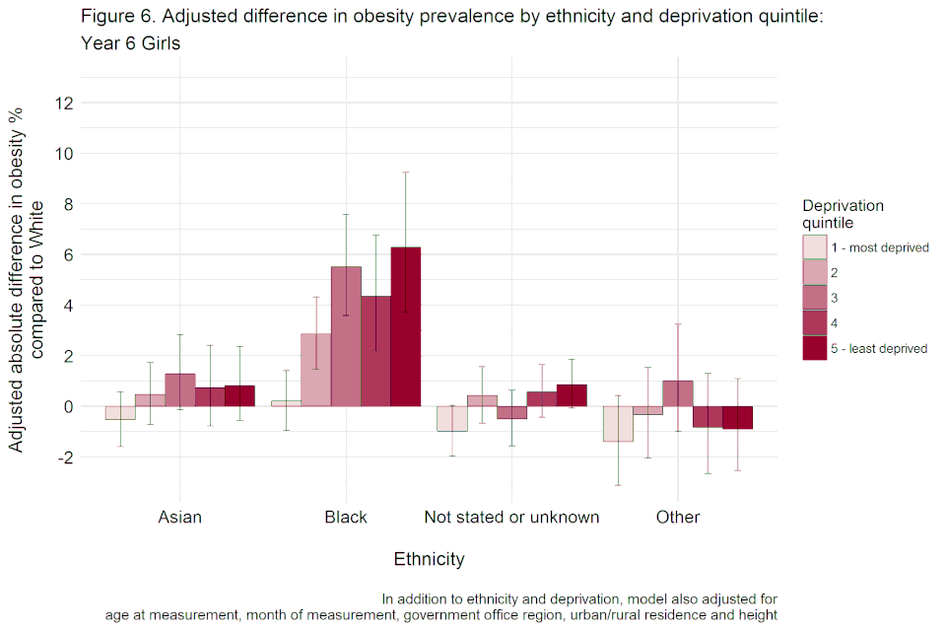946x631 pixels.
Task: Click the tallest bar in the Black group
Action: (406, 326)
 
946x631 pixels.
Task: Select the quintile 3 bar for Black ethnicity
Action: (346, 336)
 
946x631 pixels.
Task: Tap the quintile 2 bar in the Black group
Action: (316, 370)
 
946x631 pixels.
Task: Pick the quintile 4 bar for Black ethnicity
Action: (375, 351)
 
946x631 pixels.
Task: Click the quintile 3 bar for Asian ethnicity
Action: (179, 389)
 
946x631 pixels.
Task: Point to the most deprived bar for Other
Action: (618, 424)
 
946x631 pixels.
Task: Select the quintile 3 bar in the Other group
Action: (678, 393)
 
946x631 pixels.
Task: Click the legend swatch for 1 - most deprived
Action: (815, 247)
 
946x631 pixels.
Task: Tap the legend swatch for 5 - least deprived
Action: (815, 348)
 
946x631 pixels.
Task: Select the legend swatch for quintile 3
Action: (815, 298)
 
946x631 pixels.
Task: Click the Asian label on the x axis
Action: (179, 518)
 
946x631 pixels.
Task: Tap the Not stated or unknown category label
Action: (511, 518)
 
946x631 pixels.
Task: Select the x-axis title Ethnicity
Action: (429, 559)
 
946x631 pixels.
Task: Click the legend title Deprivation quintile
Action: (843, 214)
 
